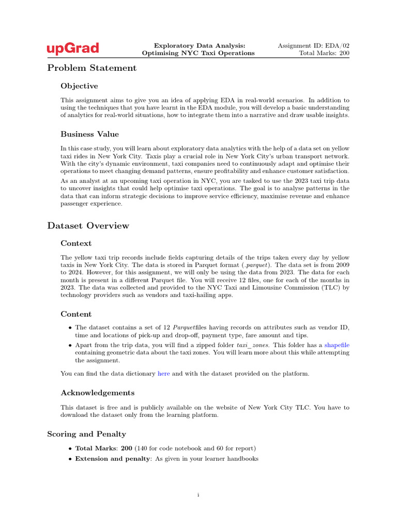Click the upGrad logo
coord(73,49)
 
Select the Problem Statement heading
coord(92,68)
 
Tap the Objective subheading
coord(79,86)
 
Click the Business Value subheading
coord(89,134)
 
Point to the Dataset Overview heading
coord(88,225)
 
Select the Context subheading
coord(76,243)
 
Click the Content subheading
coord(76,314)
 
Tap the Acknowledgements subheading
coord(97,393)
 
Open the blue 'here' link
coord(163,374)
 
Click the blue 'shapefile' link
coord(337,345)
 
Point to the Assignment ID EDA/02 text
coord(314,45)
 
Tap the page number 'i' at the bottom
coord(198,495)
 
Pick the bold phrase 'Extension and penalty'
coord(113,459)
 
